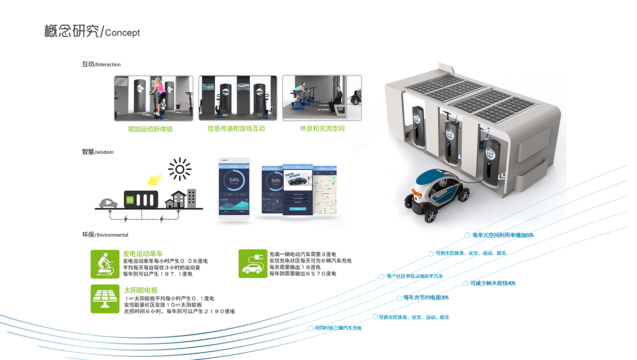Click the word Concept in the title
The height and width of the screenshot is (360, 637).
[122, 33]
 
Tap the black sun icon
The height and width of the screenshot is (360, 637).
[180, 170]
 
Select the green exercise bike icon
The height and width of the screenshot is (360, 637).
[105, 264]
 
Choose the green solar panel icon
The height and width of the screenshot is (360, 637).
[105, 299]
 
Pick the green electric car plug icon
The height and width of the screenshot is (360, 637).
[253, 264]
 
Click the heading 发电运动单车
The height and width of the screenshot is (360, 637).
[143, 254]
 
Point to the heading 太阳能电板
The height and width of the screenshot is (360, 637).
[141, 290]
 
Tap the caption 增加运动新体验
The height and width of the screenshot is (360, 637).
[150, 129]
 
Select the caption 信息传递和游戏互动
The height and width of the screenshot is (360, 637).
[236, 128]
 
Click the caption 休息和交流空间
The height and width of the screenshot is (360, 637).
[322, 128]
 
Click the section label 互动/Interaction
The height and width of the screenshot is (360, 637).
[101, 64]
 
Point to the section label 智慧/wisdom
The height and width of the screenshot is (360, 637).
[97, 152]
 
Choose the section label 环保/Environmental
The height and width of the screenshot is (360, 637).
[105, 235]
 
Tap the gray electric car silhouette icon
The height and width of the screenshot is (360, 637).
[108, 203]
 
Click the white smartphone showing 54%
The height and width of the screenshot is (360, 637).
[234, 188]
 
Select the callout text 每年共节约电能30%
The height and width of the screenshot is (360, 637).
[426, 298]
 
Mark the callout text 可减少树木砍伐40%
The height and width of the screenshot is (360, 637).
[493, 283]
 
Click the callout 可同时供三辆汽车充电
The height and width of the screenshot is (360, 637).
[338, 328]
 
